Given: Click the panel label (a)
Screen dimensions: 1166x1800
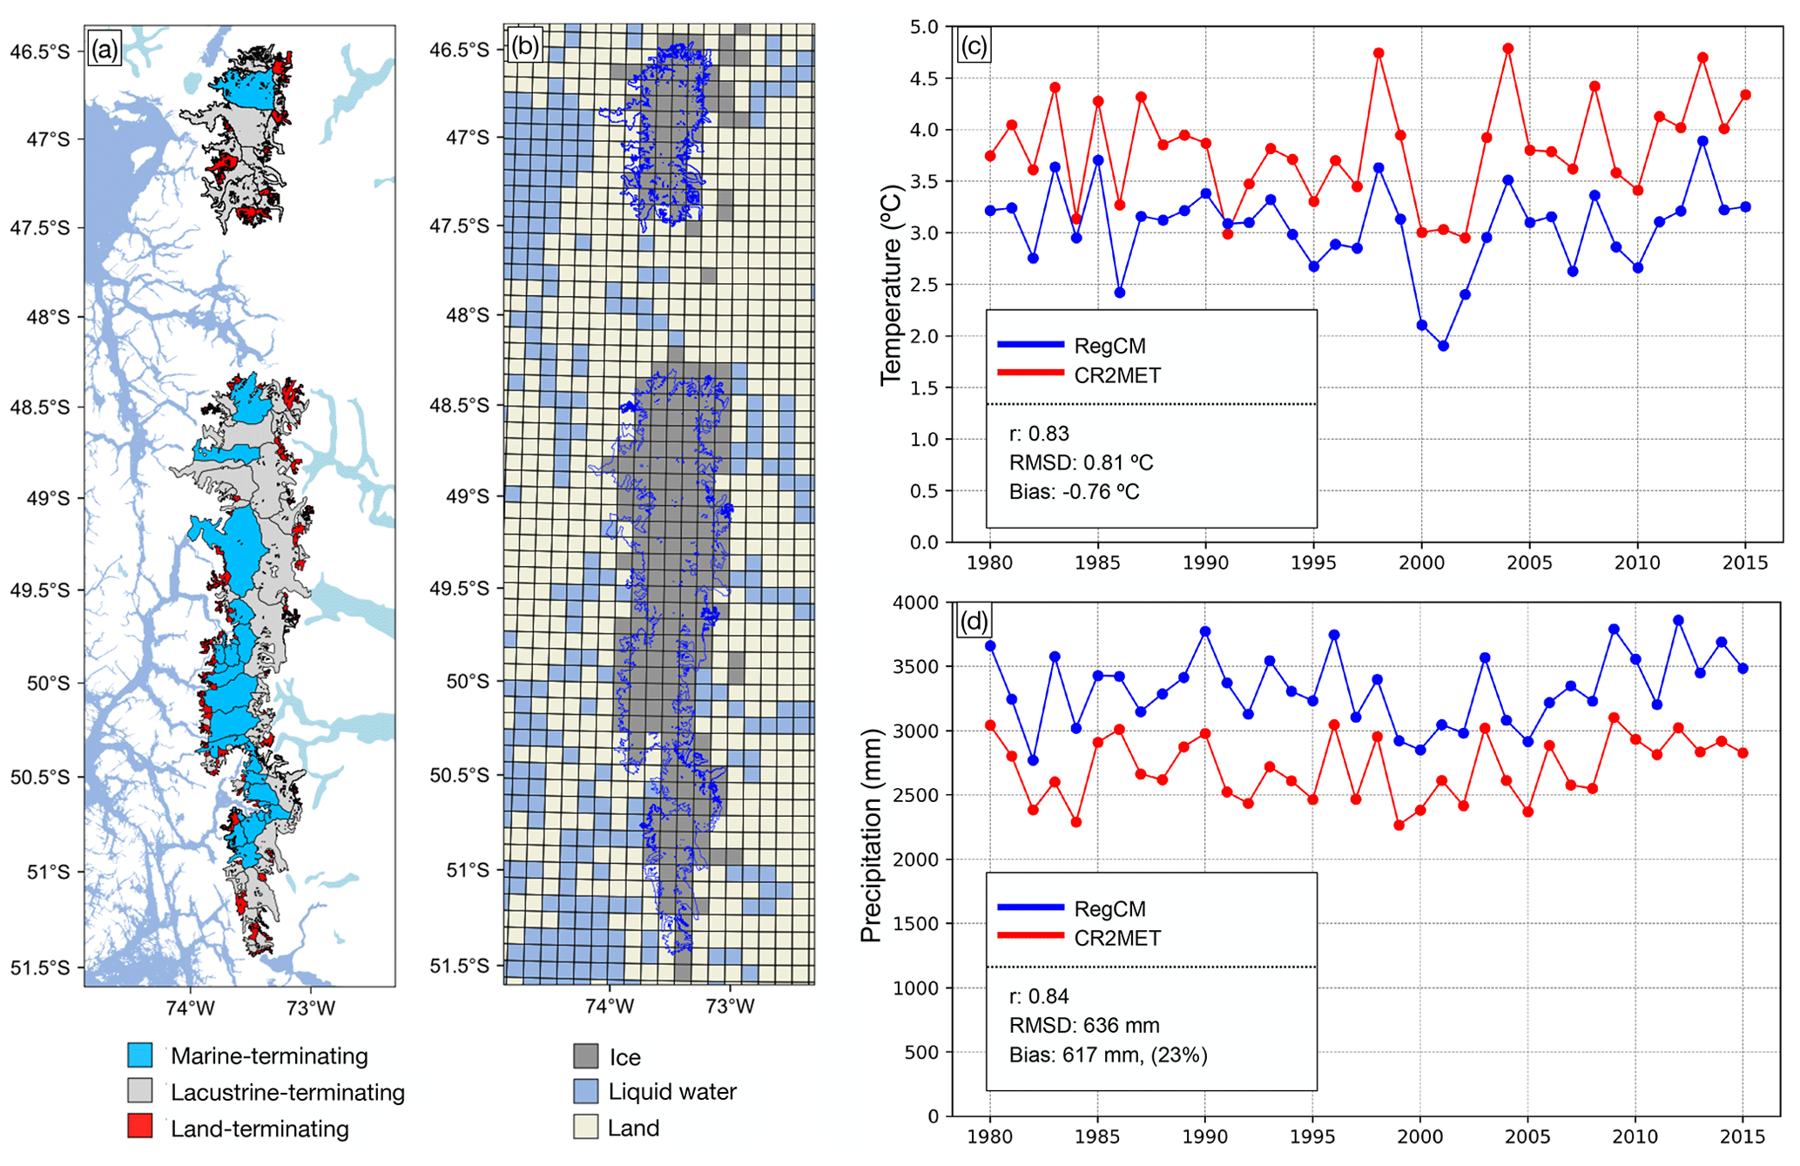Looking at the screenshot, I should coord(104,49).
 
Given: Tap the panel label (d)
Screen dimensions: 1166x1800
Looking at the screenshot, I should coord(973,621).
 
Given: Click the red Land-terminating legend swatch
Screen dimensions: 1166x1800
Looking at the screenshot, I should coord(139,1126).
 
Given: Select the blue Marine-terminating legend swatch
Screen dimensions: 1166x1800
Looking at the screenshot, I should coord(139,1055).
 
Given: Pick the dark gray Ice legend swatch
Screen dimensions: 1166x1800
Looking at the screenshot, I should coord(586,1056).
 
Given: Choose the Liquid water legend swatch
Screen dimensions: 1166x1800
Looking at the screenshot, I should coord(586,1091).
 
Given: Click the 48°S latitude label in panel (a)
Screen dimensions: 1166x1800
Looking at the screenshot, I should coord(49,317).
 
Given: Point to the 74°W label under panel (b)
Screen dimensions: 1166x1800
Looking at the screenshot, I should coord(609,1006).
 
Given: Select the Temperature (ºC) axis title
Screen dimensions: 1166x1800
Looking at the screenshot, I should coord(890,285).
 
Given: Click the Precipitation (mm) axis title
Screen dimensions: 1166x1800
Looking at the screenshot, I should coord(871,835).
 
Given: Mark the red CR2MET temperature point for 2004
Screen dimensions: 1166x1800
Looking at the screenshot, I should coord(1508,49).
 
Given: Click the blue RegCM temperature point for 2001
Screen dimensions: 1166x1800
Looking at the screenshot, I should coord(1443,346).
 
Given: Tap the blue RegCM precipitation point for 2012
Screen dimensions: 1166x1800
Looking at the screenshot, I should coord(1678,620).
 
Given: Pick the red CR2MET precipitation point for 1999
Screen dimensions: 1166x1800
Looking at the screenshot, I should coord(1399,825).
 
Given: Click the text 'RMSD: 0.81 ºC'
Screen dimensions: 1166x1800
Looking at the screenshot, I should coord(1081,462).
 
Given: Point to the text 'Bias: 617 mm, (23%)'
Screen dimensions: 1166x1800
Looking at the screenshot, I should coord(1108,1055).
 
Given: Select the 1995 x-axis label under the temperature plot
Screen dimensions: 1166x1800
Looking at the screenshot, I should coord(1313,563).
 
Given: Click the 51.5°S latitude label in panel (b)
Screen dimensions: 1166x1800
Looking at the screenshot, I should coord(459,966).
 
